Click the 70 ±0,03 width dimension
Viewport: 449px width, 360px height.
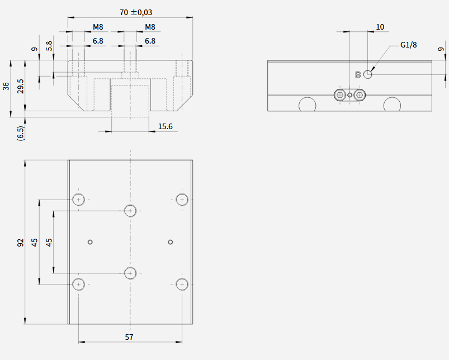136,12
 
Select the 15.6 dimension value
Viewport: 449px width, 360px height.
165,126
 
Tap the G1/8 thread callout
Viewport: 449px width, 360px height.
408,45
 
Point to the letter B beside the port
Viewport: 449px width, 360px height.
358,75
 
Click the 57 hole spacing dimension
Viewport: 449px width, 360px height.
129,337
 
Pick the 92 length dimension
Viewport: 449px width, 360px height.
20,243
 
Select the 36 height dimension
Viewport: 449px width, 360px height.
6,86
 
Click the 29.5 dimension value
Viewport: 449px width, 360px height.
20,87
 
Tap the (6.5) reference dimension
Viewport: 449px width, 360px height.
21,133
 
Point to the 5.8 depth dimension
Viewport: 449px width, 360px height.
49,46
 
